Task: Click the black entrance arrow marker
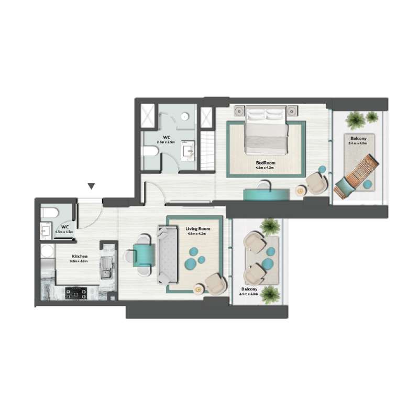(92, 186)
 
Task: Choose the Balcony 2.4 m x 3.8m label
(248, 291)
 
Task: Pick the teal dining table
(144, 255)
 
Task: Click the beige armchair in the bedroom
(316, 183)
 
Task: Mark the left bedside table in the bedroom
(240, 111)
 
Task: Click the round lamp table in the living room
(199, 288)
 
